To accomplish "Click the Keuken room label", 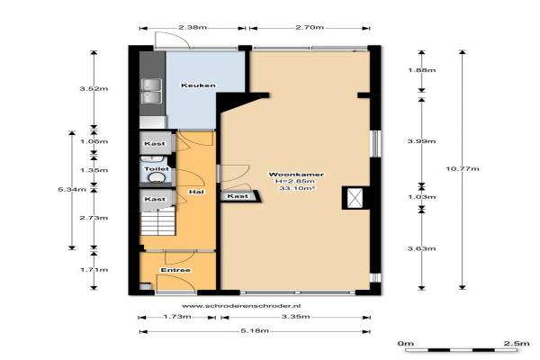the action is (198, 85).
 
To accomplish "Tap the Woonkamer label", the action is (296, 175).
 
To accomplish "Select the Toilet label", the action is (157, 169).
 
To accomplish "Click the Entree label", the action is (175, 270).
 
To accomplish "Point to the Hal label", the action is (196, 192).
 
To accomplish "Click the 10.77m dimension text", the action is (463, 168).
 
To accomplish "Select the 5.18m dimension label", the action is (255, 330).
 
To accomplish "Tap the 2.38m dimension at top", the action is (193, 27).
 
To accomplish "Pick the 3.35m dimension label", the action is (295, 317).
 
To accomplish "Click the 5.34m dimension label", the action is (72, 189).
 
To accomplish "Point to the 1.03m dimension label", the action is (421, 197).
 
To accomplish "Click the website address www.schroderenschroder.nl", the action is (241, 306).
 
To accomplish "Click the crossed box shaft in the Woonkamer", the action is (355, 198).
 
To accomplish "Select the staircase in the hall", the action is (157, 223).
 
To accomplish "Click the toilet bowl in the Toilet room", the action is (157, 177).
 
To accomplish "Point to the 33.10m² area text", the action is (298, 188).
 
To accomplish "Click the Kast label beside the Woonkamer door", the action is (238, 195).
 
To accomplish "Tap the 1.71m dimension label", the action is (94, 269).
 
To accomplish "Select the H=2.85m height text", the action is (295, 181).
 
